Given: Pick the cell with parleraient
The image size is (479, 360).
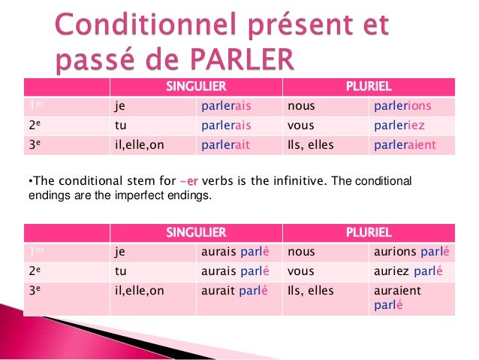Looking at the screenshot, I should [404, 145].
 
